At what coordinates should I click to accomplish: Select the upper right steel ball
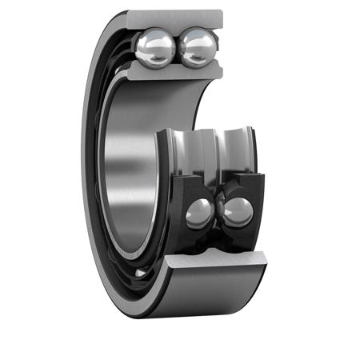196,47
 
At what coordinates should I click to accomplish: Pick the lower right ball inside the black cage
238,212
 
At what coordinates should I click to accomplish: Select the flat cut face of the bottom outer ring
216,259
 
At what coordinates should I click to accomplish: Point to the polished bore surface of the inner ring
128,160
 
